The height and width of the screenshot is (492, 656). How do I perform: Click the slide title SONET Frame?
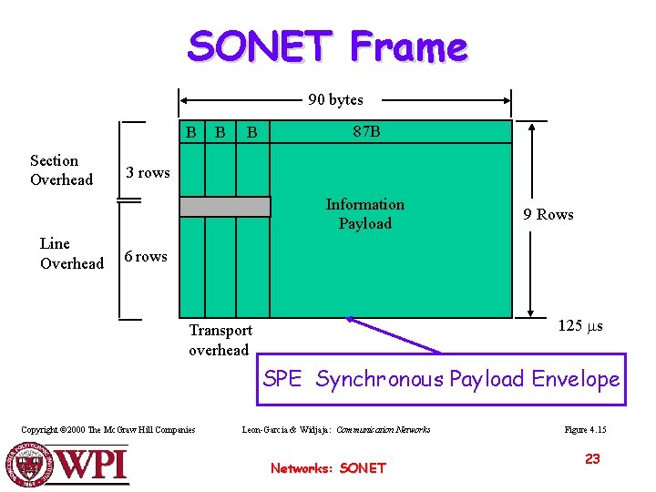tap(327, 46)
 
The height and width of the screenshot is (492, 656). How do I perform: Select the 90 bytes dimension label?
tap(335, 100)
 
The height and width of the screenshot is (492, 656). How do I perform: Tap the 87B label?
tap(366, 132)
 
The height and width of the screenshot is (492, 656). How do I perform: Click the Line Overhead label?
tap(71, 253)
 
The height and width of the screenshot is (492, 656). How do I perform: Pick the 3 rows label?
tap(148, 173)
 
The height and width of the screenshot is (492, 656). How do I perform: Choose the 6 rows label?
tap(146, 257)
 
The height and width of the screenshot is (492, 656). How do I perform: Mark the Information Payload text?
tap(364, 214)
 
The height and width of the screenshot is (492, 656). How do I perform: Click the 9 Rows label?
tap(548, 215)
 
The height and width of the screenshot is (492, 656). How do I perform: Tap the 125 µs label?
tap(580, 326)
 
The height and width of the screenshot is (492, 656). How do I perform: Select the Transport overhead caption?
tap(220, 340)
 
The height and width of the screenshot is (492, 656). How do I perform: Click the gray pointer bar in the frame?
tap(225, 207)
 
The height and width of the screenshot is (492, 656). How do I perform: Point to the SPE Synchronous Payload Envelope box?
tap(441, 379)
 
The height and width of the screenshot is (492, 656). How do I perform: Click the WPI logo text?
tap(92, 465)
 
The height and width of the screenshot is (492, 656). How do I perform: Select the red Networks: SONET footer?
tap(328, 468)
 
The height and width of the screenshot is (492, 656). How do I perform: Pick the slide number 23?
tap(592, 459)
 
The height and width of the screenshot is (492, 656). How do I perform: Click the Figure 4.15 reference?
tap(586, 429)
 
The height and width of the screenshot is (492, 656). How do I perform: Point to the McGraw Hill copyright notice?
tap(108, 429)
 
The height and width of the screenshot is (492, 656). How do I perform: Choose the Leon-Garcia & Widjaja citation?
tap(336, 429)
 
